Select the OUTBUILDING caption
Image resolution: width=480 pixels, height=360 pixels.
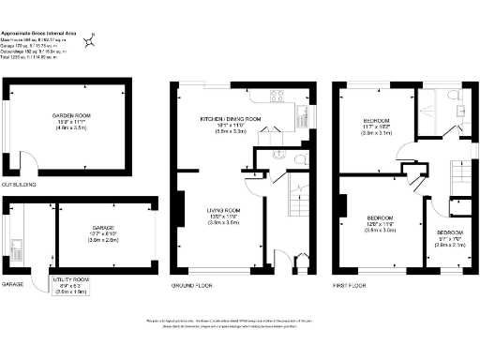coord(19,184)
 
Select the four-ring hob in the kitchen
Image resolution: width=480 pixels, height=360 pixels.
coord(278,94)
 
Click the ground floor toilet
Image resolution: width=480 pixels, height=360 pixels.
coord(279,155)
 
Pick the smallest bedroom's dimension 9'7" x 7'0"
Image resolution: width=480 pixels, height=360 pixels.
coord(449,238)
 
